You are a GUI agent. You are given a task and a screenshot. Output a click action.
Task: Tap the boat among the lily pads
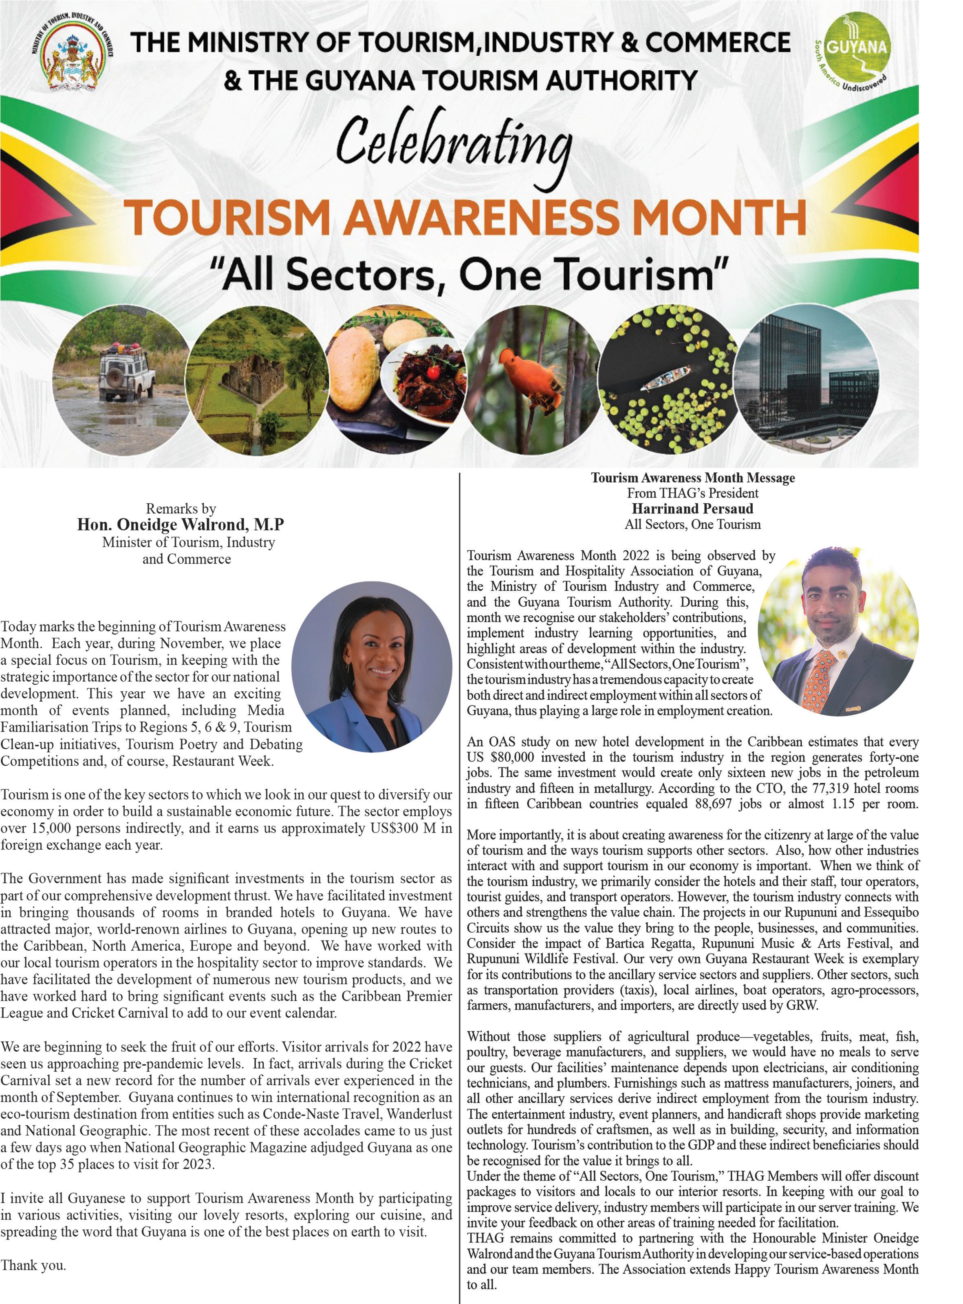click(x=665, y=379)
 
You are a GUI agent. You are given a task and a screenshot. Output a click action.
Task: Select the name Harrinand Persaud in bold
click(x=692, y=508)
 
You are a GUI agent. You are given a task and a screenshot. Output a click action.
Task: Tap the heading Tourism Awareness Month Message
click(x=692, y=478)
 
